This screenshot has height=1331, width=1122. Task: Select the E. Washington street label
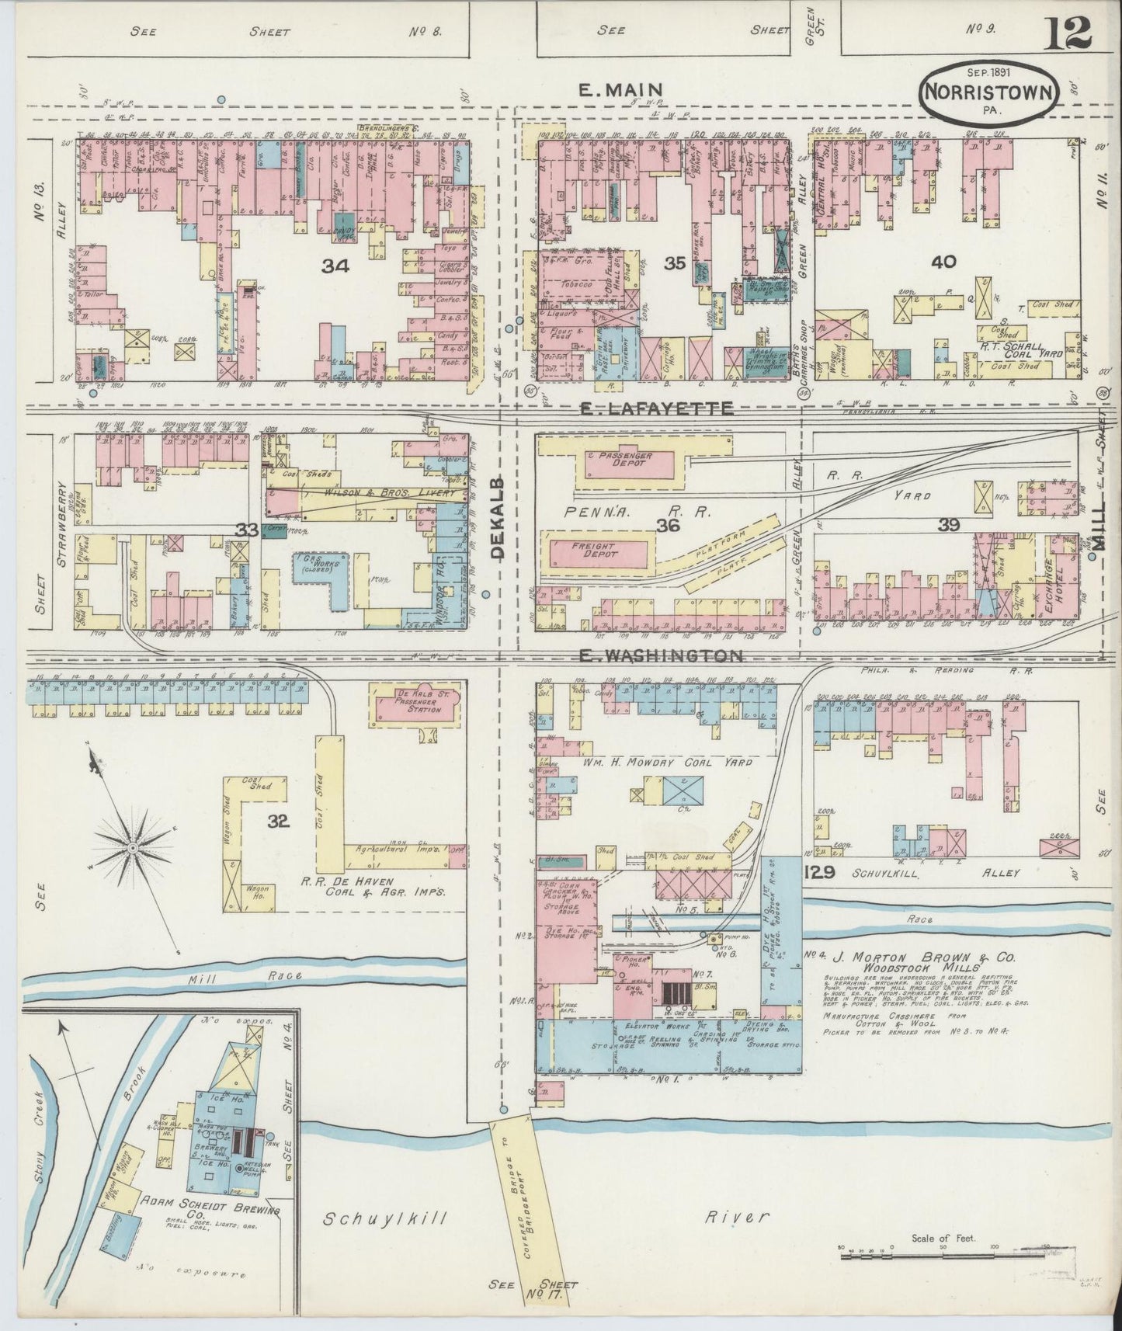click(662, 656)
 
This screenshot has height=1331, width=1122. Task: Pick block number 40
click(943, 262)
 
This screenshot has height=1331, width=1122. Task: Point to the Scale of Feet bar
click(943, 1252)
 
